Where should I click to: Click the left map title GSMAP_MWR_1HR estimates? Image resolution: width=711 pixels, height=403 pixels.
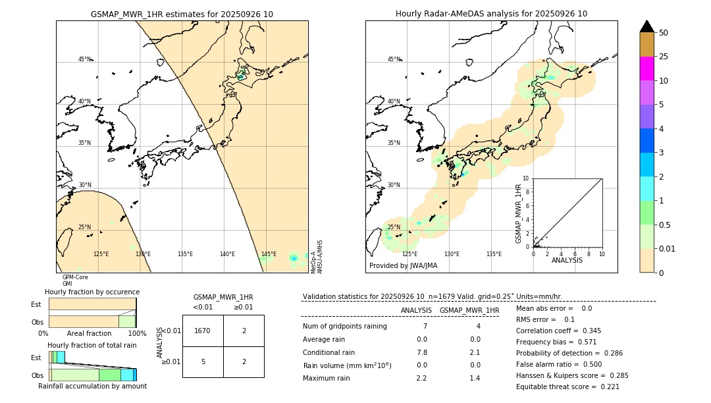click(x=182, y=14)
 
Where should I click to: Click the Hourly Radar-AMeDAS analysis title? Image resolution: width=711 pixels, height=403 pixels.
click(x=491, y=14)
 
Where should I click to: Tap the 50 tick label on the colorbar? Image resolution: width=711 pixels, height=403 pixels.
click(x=664, y=33)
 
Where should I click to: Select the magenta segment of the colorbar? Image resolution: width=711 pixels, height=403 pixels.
click(x=646, y=68)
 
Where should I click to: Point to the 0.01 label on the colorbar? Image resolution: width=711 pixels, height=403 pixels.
click(x=668, y=248)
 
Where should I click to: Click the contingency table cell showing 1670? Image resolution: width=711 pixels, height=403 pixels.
click(x=203, y=331)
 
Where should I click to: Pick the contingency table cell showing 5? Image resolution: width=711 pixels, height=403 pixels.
click(x=203, y=362)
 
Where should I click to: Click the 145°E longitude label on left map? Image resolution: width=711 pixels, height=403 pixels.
click(x=269, y=254)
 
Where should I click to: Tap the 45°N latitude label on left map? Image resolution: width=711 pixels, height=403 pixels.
click(x=85, y=59)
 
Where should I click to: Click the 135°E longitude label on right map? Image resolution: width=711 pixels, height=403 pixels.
click(x=494, y=254)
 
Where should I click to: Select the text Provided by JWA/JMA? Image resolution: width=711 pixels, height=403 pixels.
click(x=403, y=266)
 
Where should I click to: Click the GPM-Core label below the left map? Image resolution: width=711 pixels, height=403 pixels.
click(x=75, y=277)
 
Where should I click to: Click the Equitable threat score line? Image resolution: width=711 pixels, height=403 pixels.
click(x=567, y=387)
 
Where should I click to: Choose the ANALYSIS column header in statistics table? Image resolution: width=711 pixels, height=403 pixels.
click(x=416, y=310)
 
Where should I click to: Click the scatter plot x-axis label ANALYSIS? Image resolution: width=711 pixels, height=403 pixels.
click(x=567, y=260)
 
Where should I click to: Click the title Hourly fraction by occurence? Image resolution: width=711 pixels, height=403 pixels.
click(x=92, y=292)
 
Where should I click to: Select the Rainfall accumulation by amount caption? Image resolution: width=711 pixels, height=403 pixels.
click(x=92, y=386)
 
